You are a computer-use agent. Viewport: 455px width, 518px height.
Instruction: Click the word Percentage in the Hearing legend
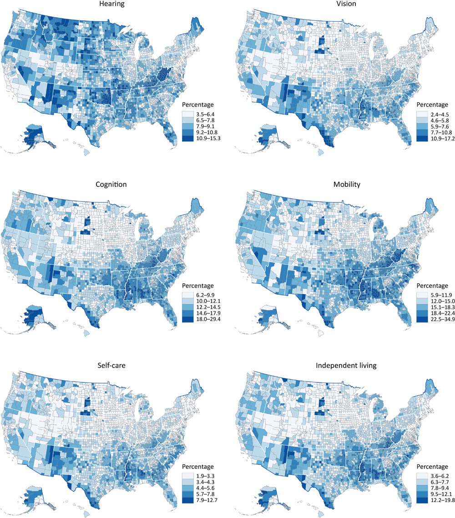tap(199, 105)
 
